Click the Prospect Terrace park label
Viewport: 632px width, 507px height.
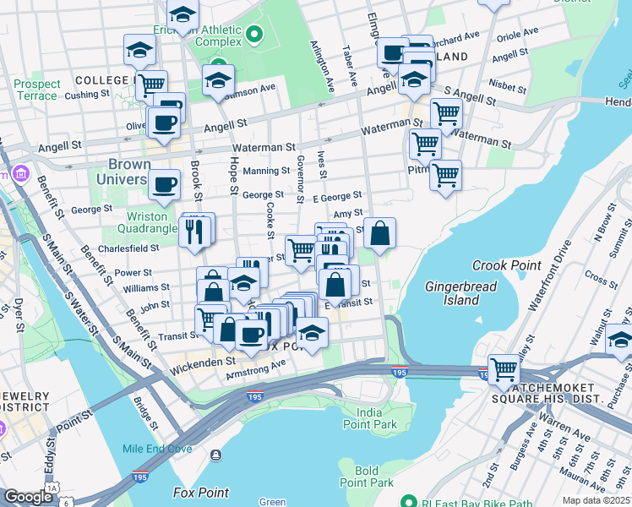pyautogui.click(x=37, y=90)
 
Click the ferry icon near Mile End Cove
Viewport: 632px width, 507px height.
pyautogui.click(x=218, y=455)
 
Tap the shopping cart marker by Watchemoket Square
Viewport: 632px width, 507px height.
pyautogui.click(x=504, y=368)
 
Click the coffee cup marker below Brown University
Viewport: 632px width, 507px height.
pyautogui.click(x=164, y=183)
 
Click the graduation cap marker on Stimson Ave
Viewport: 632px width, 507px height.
pyautogui.click(x=218, y=82)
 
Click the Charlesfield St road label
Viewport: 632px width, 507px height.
pyautogui.click(x=128, y=248)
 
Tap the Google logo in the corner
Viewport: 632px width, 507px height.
pyautogui.click(x=28, y=497)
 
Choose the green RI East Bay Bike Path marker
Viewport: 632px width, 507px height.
pyautogui.click(x=407, y=499)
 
